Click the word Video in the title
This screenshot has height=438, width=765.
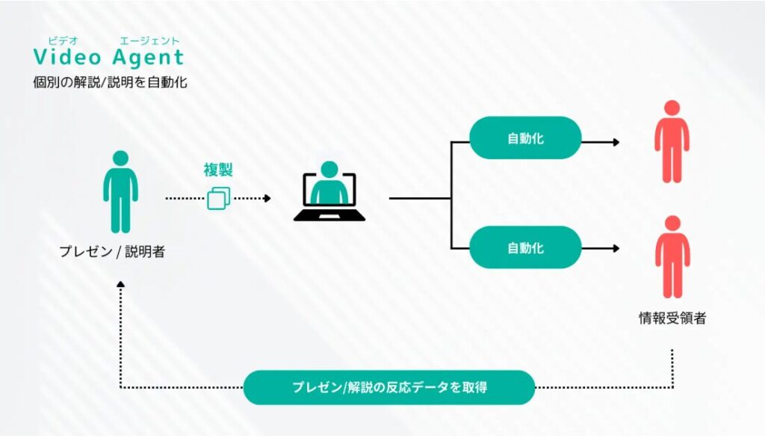pyautogui.click(x=66, y=57)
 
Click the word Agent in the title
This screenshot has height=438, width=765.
pyautogui.click(x=148, y=58)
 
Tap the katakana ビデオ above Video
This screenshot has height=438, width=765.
pyautogui.click(x=63, y=40)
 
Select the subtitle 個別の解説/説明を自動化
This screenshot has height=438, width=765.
pyautogui.click(x=110, y=81)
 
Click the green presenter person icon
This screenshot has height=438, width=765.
pyautogui.click(x=120, y=191)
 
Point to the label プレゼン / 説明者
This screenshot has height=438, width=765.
pyautogui.click(x=112, y=251)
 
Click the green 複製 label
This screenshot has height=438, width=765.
pyautogui.click(x=218, y=170)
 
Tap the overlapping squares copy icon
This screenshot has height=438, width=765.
pyautogui.click(x=219, y=198)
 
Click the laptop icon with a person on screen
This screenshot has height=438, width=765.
pyautogui.click(x=329, y=191)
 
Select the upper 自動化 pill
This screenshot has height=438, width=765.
pyautogui.click(x=525, y=138)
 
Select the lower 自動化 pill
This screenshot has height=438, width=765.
pyautogui.click(x=525, y=247)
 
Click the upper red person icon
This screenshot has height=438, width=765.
pyautogui.click(x=672, y=141)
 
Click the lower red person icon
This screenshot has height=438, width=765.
pyautogui.click(x=672, y=257)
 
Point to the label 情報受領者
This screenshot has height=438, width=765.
pyautogui.click(x=672, y=318)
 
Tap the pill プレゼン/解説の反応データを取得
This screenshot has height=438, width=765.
pyautogui.click(x=388, y=387)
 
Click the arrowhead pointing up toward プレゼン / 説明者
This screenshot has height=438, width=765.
pyautogui.click(x=120, y=284)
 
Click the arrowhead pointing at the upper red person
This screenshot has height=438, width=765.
pyautogui.click(x=616, y=142)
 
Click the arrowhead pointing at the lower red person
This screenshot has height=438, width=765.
pyautogui.click(x=616, y=249)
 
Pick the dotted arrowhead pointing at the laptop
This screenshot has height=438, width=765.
pyautogui.click(x=267, y=198)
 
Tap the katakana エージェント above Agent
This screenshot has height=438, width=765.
pyautogui.click(x=149, y=40)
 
